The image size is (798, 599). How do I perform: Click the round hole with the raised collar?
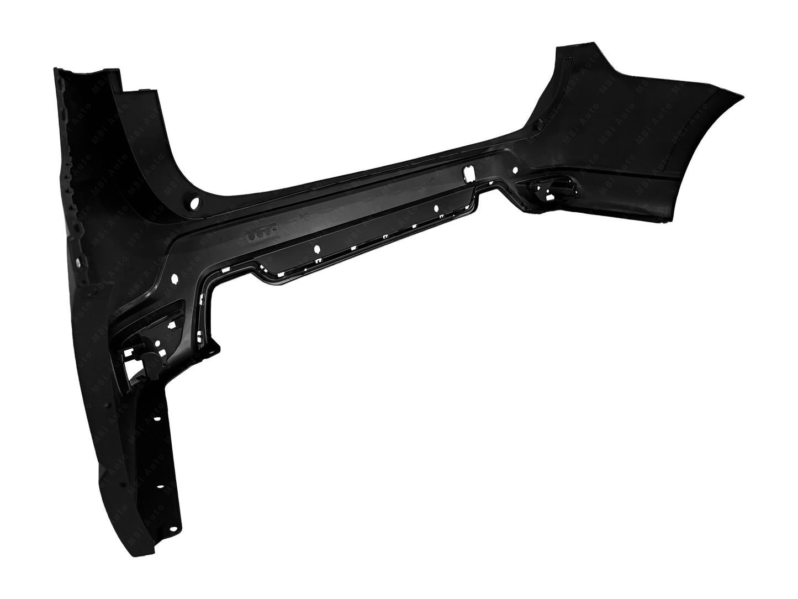click(194, 204)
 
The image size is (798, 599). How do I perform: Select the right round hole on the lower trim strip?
click(436, 209)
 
